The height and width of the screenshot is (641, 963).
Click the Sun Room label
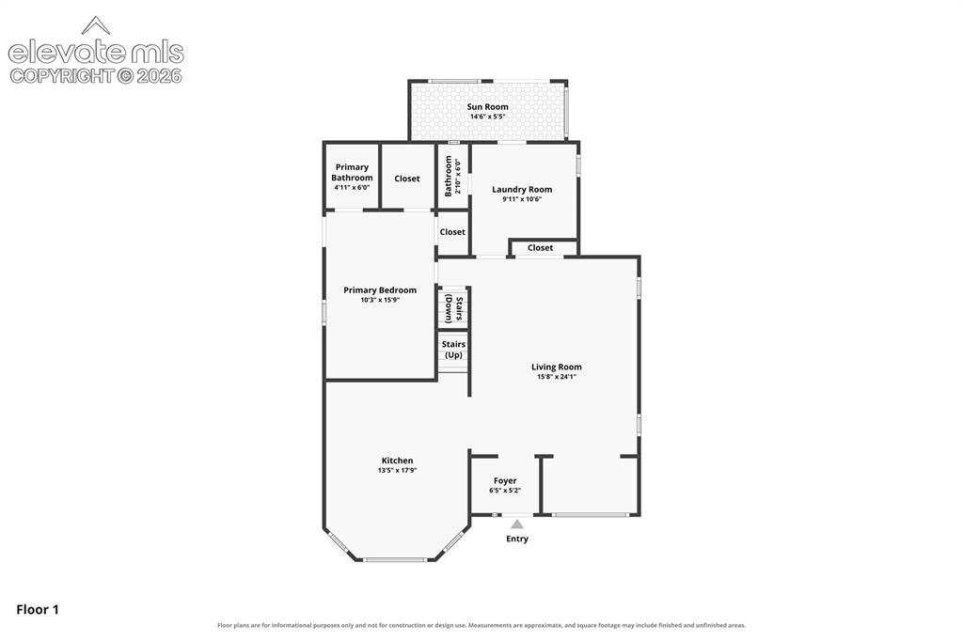pos(488,107)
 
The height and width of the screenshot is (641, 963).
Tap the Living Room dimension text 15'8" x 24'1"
pos(557,377)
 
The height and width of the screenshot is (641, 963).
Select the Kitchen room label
pos(398,461)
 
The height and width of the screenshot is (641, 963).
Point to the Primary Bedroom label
pos(380,290)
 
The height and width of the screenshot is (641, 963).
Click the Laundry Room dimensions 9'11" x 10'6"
pos(522,199)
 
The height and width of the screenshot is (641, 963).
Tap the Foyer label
pos(505,481)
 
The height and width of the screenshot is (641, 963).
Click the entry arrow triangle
pos(517,524)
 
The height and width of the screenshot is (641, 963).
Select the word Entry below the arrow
pos(517,539)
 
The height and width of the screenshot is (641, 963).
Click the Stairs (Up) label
pos(453,350)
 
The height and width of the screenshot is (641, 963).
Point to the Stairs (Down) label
pos(454,309)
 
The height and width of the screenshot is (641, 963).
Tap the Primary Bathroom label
pos(352,173)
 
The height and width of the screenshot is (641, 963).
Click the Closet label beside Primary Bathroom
pos(407,179)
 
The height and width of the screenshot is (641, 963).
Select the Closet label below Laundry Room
pos(541,248)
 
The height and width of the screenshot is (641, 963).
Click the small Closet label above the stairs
pos(452,232)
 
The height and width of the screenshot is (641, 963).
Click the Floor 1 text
pos(38,610)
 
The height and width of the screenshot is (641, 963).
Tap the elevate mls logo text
pos(96,53)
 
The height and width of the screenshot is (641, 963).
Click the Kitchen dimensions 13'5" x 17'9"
pos(398,470)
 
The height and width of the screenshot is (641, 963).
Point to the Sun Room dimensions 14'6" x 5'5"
pos(488,117)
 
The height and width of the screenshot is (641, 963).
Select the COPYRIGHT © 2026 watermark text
pos(96,76)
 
